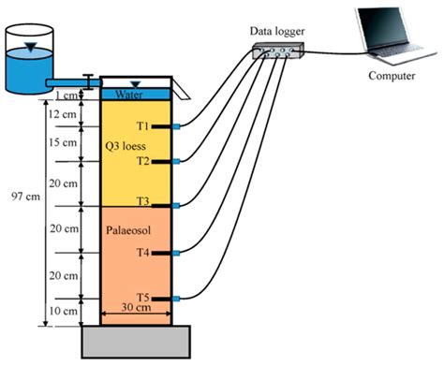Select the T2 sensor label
pyautogui.click(x=142, y=161)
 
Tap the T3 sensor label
pyautogui.click(x=142, y=201)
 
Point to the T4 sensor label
pyautogui.click(x=142, y=252)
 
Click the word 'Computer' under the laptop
pyautogui.click(x=392, y=75)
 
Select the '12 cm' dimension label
pyautogui.click(x=63, y=113)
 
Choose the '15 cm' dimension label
pyautogui.click(x=63, y=142)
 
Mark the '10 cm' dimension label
pyautogui.click(x=63, y=310)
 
